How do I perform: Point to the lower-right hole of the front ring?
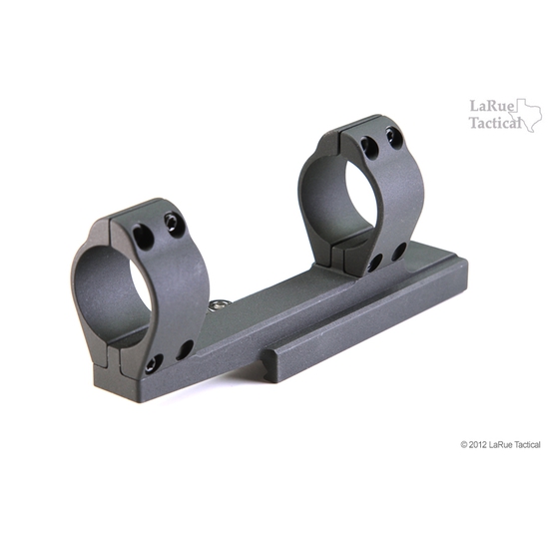[x=185, y=348]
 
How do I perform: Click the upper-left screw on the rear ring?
[x=369, y=147]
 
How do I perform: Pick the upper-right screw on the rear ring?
[x=393, y=135]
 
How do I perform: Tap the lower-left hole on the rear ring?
[x=374, y=263]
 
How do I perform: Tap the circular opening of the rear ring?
[x=344, y=196]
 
